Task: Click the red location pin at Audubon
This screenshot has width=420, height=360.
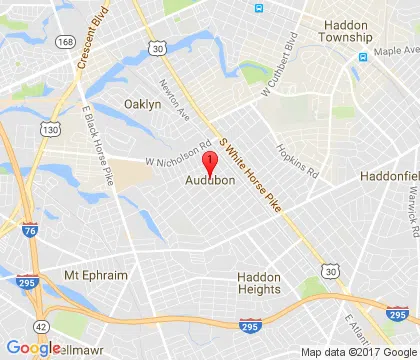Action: pos(210,164)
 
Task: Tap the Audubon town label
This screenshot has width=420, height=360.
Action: pos(210,181)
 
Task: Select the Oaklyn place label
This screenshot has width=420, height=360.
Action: pos(142,104)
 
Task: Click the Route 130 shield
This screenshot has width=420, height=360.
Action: pos(48,129)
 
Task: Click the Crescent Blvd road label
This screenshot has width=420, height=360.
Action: pos(93,45)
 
